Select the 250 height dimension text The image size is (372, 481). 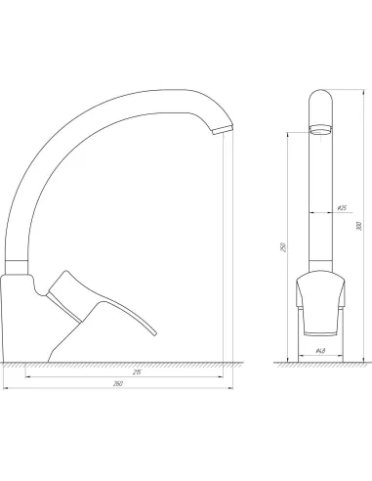click(282, 248)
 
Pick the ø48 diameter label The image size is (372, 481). click(320, 351)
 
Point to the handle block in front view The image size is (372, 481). click(319, 298)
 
